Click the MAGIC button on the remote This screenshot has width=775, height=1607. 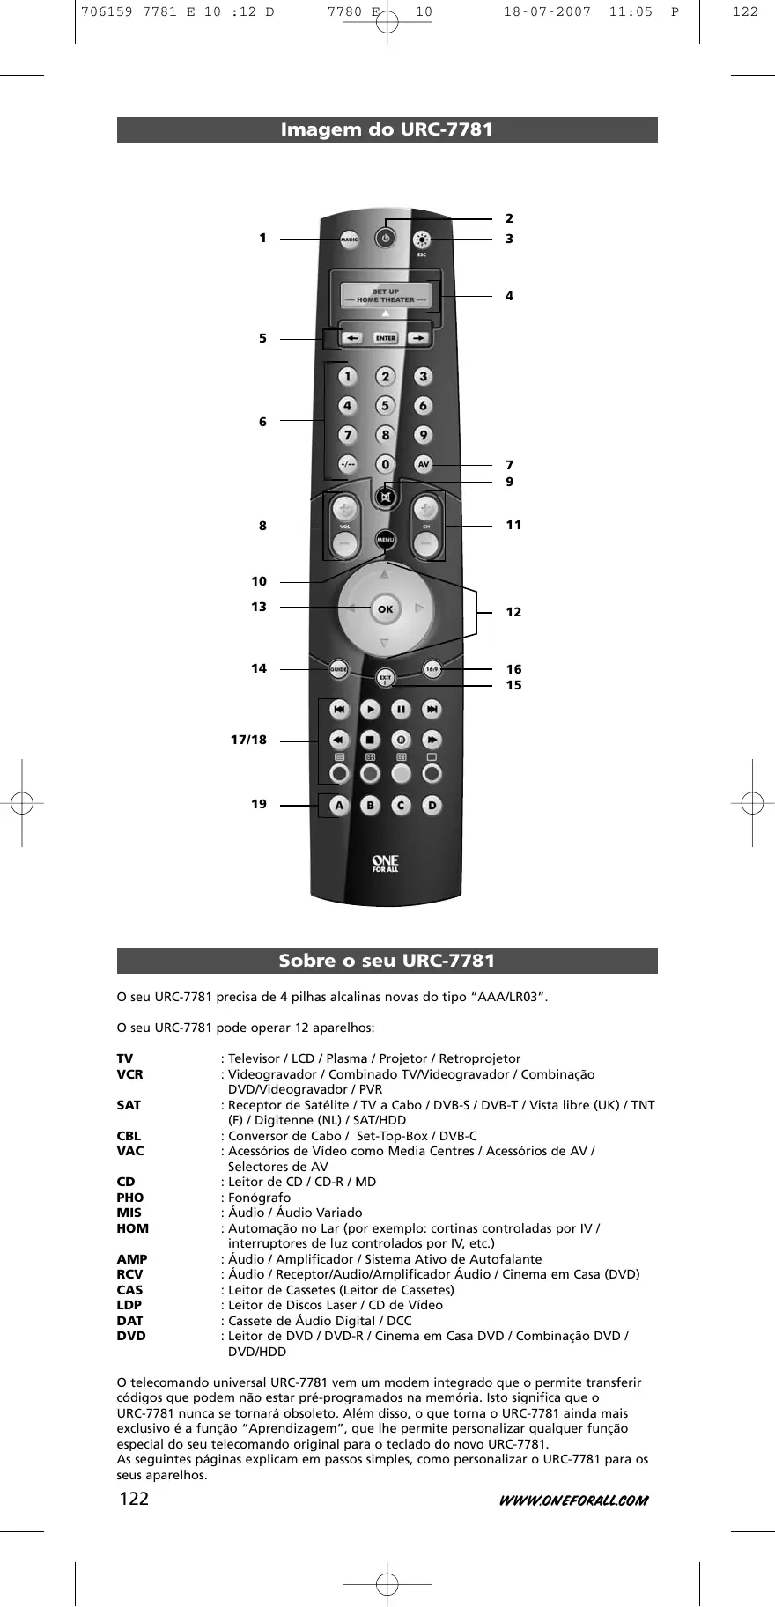350,240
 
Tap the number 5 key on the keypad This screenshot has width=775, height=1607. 385,406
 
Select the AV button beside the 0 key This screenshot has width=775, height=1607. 424,464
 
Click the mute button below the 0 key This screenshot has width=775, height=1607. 385,498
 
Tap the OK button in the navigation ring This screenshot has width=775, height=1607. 385,609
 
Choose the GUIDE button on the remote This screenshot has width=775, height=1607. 339,670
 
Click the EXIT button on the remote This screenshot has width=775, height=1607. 385,678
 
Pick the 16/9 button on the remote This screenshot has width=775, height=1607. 432,669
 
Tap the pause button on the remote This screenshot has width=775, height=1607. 401,709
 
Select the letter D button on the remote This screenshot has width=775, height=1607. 432,805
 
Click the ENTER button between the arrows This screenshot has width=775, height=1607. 385,338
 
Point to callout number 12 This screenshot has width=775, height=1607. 513,612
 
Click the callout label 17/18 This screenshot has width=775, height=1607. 248,740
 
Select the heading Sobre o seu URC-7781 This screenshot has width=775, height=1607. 387,961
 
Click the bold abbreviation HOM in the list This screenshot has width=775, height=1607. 133,1228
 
